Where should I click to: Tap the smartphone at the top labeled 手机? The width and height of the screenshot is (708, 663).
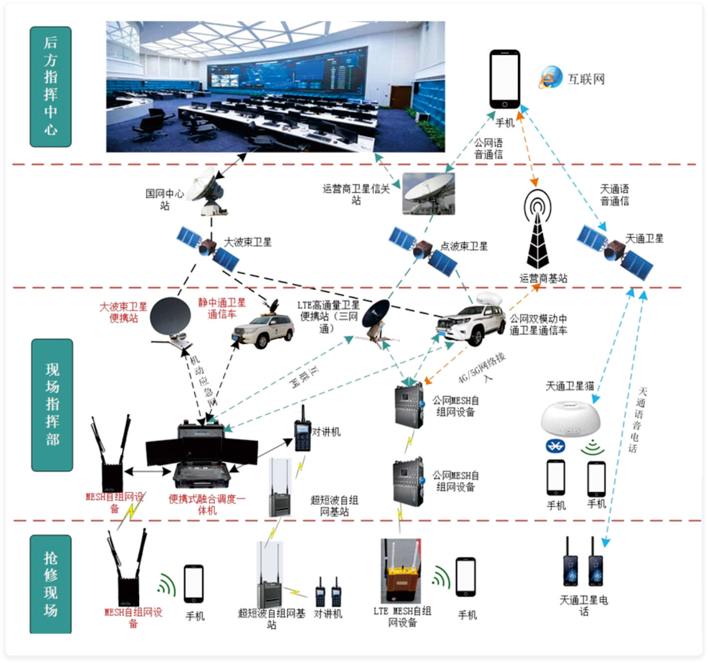pyautogui.click(x=504, y=79)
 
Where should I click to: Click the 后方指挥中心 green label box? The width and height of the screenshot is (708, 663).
pyautogui.click(x=50, y=87)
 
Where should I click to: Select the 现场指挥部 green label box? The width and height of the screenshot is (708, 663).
pyautogui.click(x=52, y=405)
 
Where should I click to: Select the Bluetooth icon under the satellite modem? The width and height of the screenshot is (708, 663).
pyautogui.click(x=555, y=446)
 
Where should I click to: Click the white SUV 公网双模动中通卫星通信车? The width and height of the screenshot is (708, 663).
pyautogui.click(x=471, y=321)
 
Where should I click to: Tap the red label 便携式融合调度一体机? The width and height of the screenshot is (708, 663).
pyautogui.click(x=207, y=504)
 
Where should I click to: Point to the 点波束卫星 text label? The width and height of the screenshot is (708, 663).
pyautogui.click(x=464, y=246)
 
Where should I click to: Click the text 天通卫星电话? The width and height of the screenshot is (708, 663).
pyautogui.click(x=584, y=605)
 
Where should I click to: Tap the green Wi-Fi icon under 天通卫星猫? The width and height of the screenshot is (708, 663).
pyautogui.click(x=592, y=446)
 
